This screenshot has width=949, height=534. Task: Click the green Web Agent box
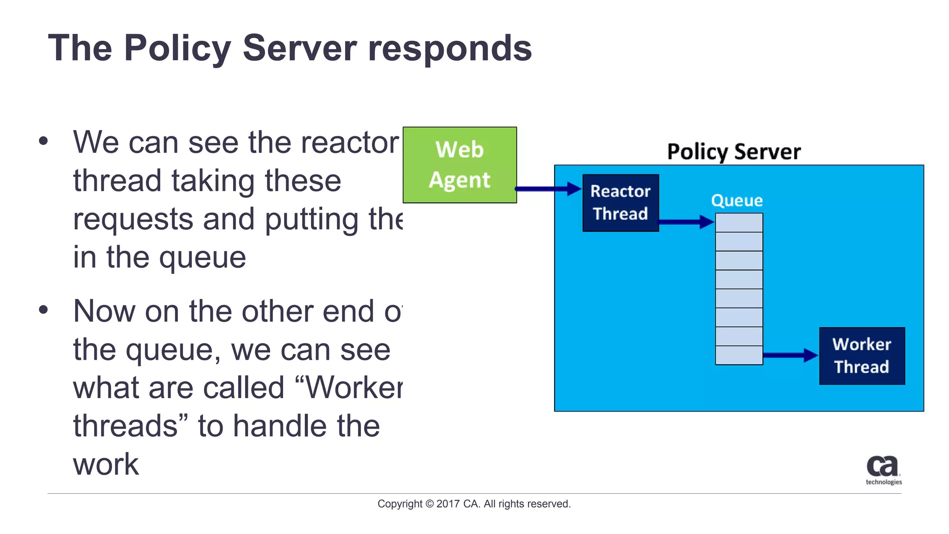coord(460,165)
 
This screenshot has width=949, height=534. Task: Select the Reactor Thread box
coord(620,203)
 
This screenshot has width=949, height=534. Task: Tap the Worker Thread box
coord(862,356)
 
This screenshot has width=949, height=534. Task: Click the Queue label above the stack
coord(737,201)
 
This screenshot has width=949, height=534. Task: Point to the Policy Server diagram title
coord(734,152)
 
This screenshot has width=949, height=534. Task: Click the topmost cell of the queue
coord(739,223)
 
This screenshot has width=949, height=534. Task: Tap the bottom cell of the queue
coord(739,356)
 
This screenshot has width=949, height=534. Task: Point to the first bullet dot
coord(44,140)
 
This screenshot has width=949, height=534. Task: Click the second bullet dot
coord(44,310)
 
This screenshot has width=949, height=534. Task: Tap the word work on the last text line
coord(106,464)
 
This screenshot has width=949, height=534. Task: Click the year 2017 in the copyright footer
coord(448,504)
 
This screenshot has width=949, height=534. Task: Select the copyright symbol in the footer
coord(429,504)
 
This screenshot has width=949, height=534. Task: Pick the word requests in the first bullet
coord(133,220)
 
